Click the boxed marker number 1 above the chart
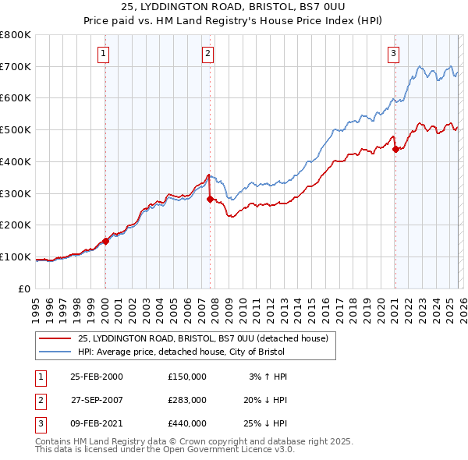tap(104, 54)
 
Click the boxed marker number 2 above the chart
tap(208, 54)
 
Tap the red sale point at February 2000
tap(106, 241)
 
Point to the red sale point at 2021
tap(395, 149)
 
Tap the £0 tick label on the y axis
tap(24, 288)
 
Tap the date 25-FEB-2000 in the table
tap(96, 377)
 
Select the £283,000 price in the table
tap(187, 400)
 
